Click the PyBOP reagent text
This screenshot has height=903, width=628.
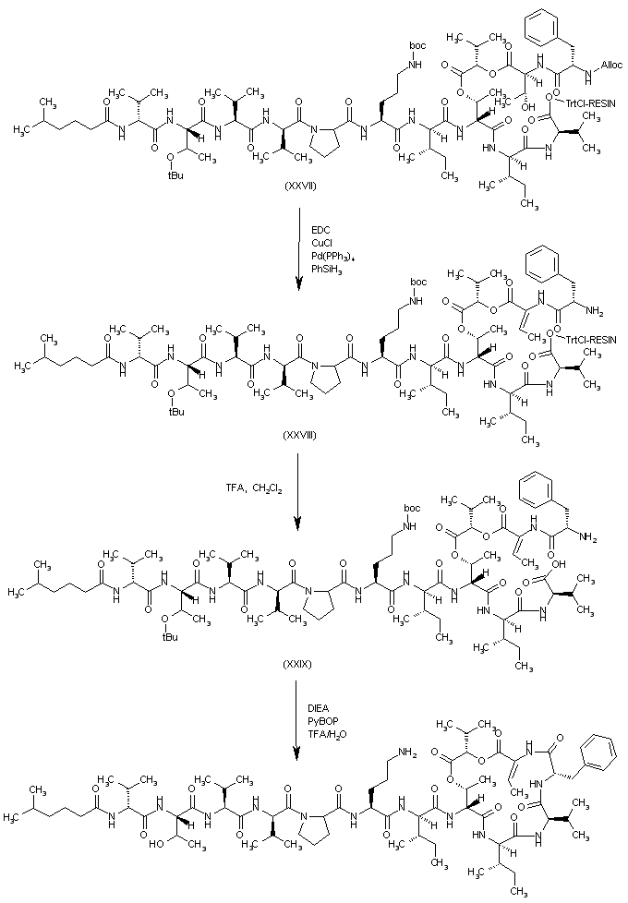[322, 719]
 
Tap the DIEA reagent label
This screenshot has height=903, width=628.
[320, 706]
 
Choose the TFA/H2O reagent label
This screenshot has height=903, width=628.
[327, 733]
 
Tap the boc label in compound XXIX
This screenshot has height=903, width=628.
[408, 506]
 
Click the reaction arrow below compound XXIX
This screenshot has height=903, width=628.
[296, 720]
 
